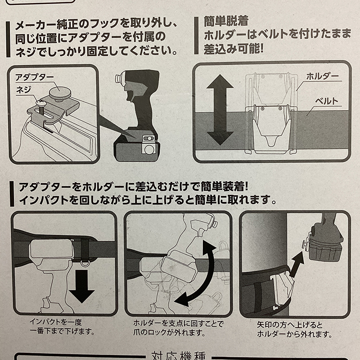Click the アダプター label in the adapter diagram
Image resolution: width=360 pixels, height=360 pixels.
click(35, 77)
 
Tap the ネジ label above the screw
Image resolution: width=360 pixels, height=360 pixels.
click(23, 90)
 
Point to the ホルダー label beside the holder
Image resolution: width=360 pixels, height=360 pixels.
click(323, 76)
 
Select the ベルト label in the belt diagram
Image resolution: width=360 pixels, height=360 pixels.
click(327, 101)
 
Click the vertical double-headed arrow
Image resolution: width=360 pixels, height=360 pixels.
click(220, 109)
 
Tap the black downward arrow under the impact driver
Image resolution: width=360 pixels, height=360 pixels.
click(82, 286)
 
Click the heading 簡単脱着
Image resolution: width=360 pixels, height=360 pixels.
click(226, 21)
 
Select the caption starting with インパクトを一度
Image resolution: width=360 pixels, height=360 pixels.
click(62, 327)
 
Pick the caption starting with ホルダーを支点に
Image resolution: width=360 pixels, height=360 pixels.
click(178, 328)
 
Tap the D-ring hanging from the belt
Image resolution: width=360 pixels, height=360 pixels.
click(85, 262)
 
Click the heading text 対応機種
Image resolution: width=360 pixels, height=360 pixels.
click(179, 355)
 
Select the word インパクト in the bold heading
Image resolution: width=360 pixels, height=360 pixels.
click(44, 200)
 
